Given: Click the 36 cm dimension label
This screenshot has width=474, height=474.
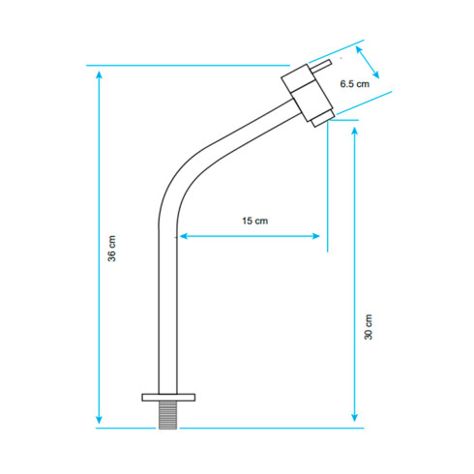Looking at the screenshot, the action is pyautogui.click(x=111, y=249).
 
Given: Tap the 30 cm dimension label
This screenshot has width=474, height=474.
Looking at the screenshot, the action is pyautogui.click(x=368, y=327).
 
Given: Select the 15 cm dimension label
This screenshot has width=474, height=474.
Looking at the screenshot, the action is pyautogui.click(x=255, y=221).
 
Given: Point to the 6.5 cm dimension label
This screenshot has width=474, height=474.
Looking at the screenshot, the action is pyautogui.click(x=355, y=84).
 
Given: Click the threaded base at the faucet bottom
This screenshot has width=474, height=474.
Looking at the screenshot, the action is pyautogui.click(x=167, y=415).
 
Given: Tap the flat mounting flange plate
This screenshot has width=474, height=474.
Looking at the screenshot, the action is pyautogui.click(x=168, y=398).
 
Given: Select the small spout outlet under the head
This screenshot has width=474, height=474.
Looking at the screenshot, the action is pyautogui.click(x=322, y=118).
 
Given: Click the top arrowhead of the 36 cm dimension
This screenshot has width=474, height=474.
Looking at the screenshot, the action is pyautogui.click(x=100, y=74).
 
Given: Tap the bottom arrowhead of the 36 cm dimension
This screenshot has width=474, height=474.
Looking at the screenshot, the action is pyautogui.click(x=99, y=420).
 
